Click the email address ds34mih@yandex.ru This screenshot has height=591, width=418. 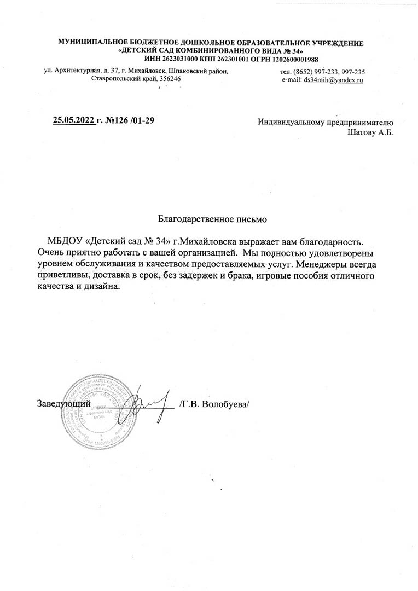click(x=334, y=79)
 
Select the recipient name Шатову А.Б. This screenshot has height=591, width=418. click(x=370, y=131)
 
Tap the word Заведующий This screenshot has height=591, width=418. click(x=63, y=404)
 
